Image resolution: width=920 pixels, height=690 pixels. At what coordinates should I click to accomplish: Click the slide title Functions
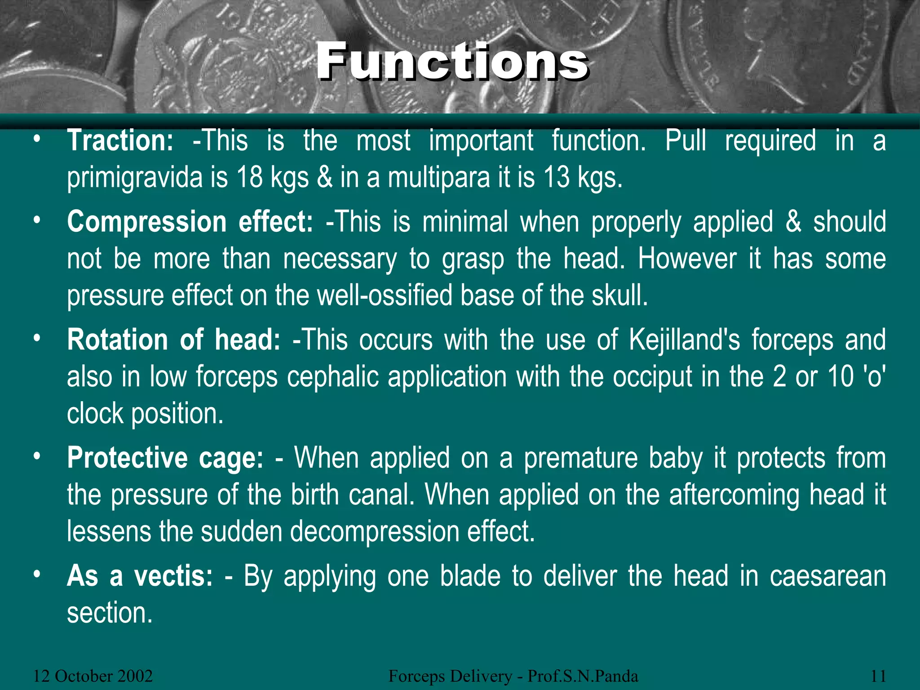point(452,62)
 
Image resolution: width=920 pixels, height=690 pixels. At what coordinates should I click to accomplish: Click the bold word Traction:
point(120,141)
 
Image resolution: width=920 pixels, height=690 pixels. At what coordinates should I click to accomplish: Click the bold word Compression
point(146,222)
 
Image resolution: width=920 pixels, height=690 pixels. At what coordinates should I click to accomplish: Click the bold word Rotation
point(117,340)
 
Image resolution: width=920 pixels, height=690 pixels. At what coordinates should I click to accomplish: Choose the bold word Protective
point(128,458)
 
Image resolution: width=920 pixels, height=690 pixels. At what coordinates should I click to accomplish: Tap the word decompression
point(374,532)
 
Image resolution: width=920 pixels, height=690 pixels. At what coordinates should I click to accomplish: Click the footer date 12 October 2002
point(93,676)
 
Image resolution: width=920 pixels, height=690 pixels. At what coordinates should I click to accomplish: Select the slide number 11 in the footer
point(878,676)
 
